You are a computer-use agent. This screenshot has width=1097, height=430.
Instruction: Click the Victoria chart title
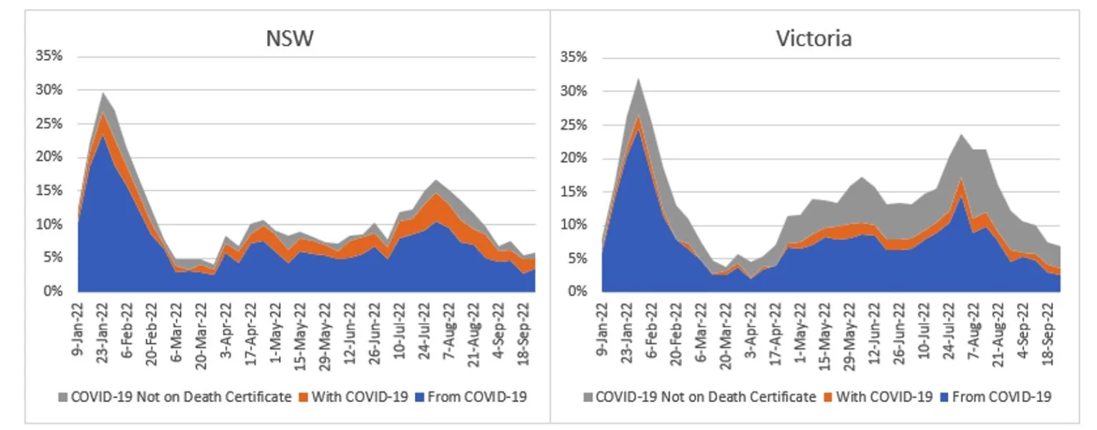pyautogui.click(x=813, y=38)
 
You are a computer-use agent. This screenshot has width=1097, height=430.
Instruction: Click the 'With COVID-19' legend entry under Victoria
pyautogui.click(x=885, y=396)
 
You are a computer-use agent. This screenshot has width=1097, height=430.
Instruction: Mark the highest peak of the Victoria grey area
pyautogui.click(x=637, y=79)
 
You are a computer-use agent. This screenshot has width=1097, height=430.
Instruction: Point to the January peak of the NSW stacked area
pyautogui.click(x=104, y=93)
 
